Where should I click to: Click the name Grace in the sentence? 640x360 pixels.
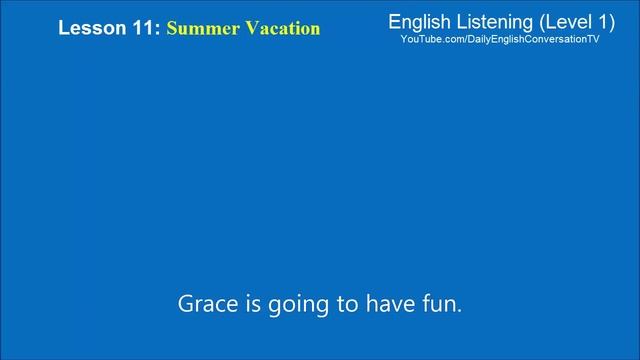(x=204, y=303)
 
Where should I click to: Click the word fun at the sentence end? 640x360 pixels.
(x=437, y=303)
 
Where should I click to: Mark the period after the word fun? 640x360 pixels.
(x=459, y=310)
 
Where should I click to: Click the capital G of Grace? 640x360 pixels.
(x=185, y=303)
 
